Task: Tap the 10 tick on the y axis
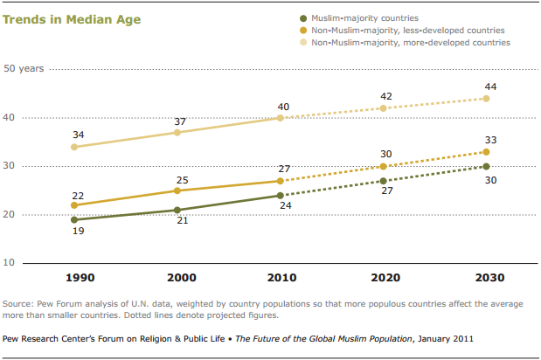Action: (x=11, y=262)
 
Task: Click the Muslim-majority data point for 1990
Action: (x=74, y=219)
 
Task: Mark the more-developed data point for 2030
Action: (x=486, y=98)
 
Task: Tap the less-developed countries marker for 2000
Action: (x=177, y=190)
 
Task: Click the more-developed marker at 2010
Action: (x=280, y=117)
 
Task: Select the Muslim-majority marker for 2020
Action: (x=383, y=181)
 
